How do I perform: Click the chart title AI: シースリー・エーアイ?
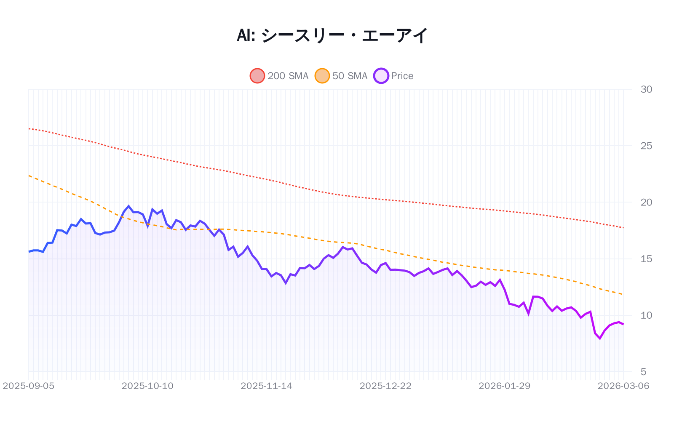coord(332,36)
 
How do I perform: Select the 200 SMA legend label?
coord(288,76)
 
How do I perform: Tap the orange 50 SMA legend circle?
coord(322,76)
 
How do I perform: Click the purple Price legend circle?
coord(381,76)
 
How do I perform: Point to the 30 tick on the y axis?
coord(646,89)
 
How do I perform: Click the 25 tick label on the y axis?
coord(646,146)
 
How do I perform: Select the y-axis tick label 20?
coord(646,202)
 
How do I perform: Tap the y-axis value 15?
coord(646,259)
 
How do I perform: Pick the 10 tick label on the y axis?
coord(646,315)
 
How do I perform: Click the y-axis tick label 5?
coord(643,372)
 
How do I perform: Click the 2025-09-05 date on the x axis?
coord(29,386)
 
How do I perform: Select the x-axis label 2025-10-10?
coord(147,386)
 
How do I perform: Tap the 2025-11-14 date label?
coord(266,386)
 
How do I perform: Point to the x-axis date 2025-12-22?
coord(385,386)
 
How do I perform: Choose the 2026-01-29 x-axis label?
coord(504,386)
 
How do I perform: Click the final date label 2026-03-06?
coord(623,386)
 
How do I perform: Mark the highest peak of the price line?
coord(128,206)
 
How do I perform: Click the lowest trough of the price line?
coord(599,338)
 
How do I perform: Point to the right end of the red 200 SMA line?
coord(623,228)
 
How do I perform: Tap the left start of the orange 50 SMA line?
coord(29,176)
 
